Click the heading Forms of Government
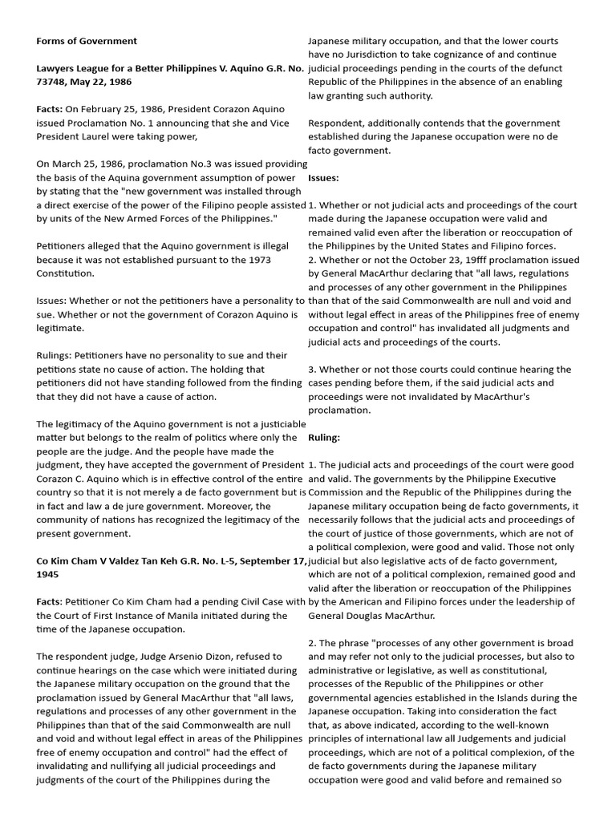(x=87, y=41)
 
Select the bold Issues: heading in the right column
(x=323, y=177)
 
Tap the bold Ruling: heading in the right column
(x=324, y=438)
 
